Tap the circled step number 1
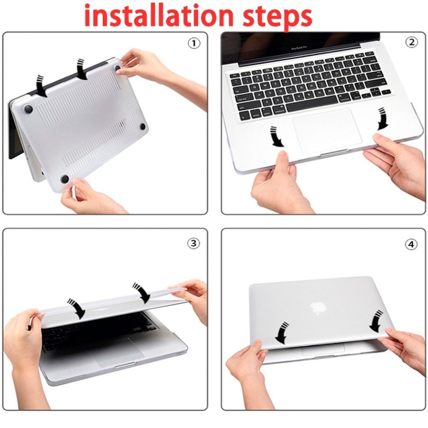[x=194, y=43]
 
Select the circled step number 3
[x=194, y=243]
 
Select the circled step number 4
[x=411, y=244]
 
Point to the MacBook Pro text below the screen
[x=300, y=49]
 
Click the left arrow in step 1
[x=41, y=85]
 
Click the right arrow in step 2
[x=382, y=119]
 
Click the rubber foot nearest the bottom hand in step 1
[x=65, y=178]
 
